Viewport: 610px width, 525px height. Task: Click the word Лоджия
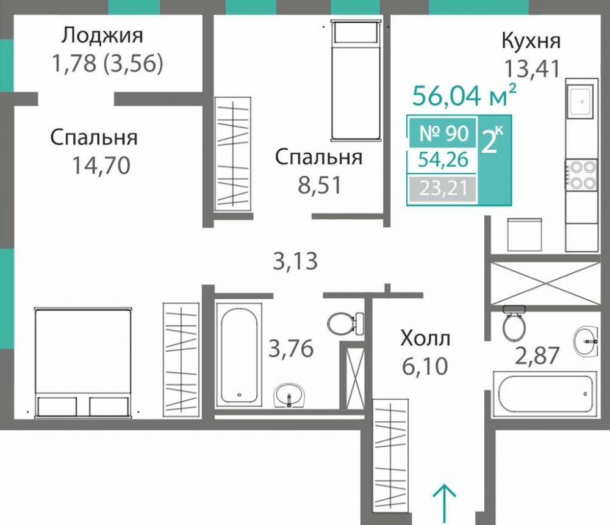click(102, 35)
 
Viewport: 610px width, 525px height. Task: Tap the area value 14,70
click(101, 165)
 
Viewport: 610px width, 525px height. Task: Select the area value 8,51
click(318, 185)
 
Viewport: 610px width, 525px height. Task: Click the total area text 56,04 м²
click(465, 95)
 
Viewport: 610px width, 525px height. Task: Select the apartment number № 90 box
click(443, 132)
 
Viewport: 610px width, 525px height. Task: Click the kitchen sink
click(580, 101)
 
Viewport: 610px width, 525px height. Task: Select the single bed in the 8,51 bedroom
click(357, 79)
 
